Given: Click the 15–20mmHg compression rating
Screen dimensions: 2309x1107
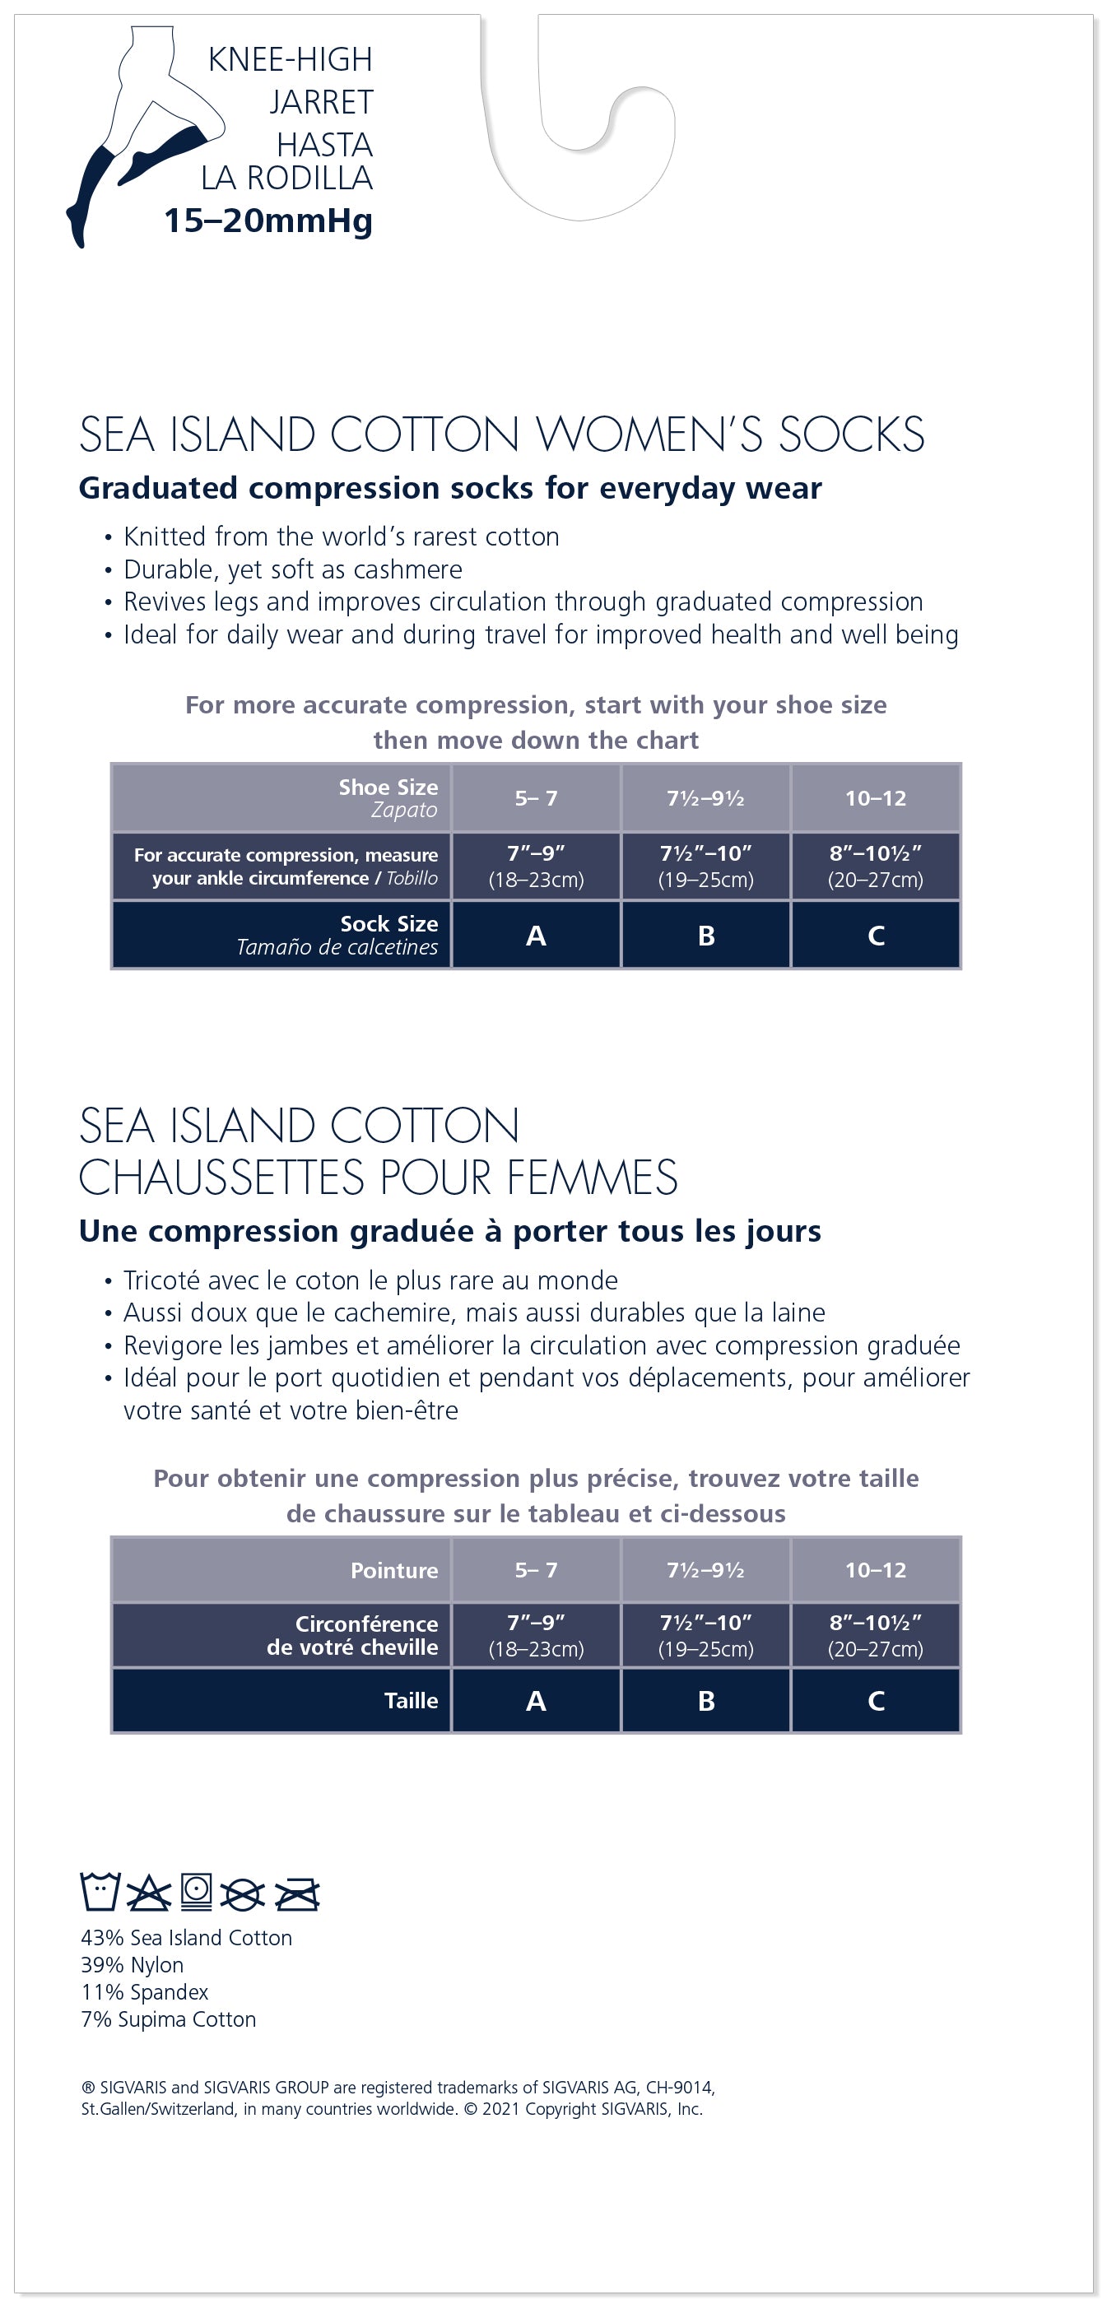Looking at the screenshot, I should [267, 221].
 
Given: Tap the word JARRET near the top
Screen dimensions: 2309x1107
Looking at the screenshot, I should [321, 102].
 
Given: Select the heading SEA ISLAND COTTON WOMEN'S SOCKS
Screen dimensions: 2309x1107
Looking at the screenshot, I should [501, 434].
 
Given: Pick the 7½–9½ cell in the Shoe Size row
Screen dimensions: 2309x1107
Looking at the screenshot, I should [705, 797].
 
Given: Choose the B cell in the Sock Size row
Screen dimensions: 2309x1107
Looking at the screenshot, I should [705, 936].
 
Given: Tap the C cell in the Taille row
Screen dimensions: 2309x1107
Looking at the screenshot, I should [876, 1700].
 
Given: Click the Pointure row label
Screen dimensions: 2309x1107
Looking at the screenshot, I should [393, 1570].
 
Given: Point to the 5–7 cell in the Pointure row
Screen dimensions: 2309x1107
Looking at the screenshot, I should [536, 1570].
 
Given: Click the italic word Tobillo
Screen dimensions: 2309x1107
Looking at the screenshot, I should [412, 879].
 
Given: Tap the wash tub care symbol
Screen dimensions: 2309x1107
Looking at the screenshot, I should [100, 1891].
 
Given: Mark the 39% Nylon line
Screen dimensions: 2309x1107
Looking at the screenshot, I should [132, 1965].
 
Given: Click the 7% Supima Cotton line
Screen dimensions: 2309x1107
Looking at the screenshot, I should [169, 2019].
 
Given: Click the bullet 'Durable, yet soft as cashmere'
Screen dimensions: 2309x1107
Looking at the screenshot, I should [293, 570].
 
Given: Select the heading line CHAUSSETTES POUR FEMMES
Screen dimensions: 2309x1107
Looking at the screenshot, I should [379, 1178].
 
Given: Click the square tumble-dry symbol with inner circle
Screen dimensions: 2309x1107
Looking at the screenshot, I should [197, 1891].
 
